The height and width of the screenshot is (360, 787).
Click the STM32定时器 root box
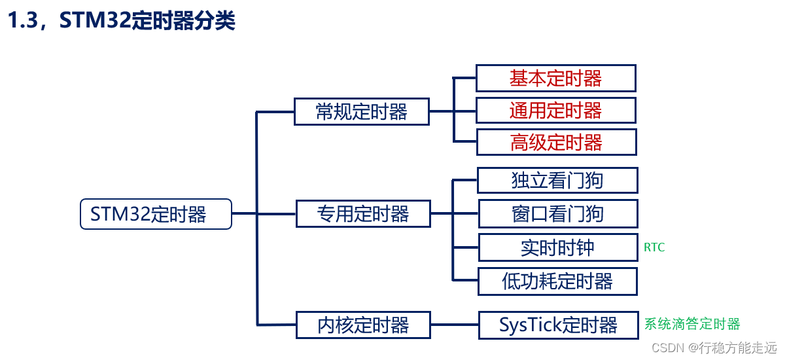pos(156,214)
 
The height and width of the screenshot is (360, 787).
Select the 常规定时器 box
pos(362,112)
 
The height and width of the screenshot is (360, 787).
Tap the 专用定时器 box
pos(363,214)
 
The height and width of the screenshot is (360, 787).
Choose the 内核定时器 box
pos(363,325)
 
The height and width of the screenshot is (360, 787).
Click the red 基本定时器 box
pos(556,78)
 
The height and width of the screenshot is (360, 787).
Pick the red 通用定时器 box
pos(556,111)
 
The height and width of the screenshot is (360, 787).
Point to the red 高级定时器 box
pos(557,143)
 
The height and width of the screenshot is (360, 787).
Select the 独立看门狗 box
pos(557,181)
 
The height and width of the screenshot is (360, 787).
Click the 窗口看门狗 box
pos(558,214)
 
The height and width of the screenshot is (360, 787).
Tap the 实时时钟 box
pos(558,247)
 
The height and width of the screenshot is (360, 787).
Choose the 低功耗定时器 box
pos(557,281)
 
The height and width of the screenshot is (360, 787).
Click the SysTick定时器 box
pos(559,325)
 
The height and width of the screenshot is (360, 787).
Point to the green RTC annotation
pos(654,247)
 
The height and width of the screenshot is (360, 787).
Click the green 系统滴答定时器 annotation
pos(692,324)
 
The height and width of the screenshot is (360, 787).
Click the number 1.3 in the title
pos(22,20)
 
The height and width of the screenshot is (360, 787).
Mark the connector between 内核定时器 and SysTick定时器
pos(455,325)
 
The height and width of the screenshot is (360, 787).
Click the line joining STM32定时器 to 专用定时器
pos(264,213)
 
